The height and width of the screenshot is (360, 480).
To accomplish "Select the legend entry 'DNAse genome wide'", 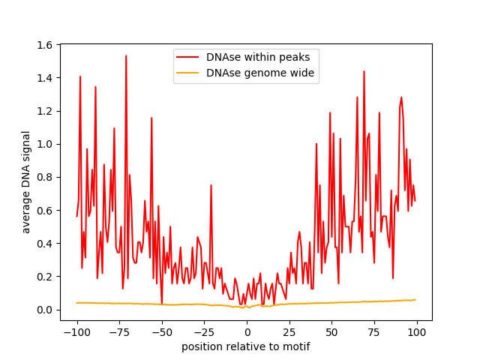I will coord(260,73).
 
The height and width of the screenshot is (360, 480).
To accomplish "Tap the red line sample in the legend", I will coord(188,57).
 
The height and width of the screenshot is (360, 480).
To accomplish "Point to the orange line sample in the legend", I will coord(188,73).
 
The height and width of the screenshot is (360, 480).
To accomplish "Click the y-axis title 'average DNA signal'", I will coord(26,182).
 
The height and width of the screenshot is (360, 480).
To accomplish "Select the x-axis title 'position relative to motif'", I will coord(246,346).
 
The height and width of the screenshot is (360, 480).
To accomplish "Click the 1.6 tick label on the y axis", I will coord(45,45).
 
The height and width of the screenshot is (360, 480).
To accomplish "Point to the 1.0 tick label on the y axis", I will coord(45,144).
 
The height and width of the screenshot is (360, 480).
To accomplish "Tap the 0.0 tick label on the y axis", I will coord(45,310).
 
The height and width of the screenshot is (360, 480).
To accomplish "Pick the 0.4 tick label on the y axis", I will coord(45,244).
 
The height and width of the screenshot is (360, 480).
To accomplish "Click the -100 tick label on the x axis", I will coord(76,331).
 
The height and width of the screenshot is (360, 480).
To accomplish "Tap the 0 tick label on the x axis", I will coord(247,331).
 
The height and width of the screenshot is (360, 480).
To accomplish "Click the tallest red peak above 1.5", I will coord(126,56).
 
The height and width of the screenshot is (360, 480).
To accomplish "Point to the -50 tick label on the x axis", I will coord(161,331).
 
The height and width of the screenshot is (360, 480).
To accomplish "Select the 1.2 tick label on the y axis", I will coord(45,111).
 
